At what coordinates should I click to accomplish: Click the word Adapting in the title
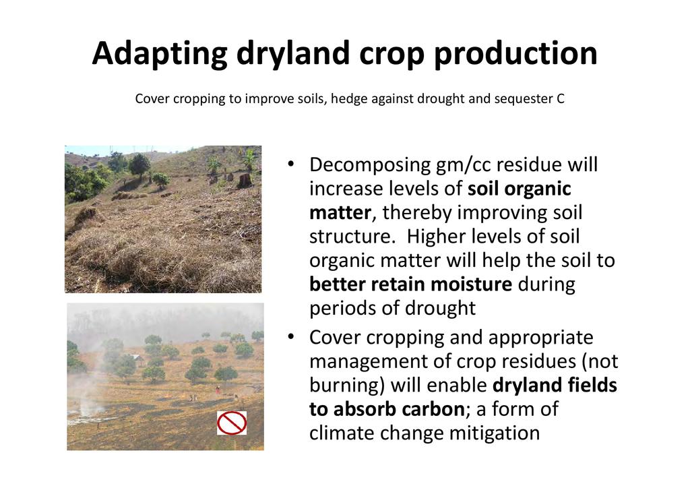point(160,54)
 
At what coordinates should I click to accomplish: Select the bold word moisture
point(471,284)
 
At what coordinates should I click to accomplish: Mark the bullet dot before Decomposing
point(290,164)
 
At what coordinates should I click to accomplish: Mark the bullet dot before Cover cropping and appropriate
point(290,337)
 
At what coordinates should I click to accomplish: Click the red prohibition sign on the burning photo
point(232,423)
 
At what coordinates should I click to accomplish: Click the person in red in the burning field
point(218,389)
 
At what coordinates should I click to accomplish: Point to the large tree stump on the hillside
point(244,181)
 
